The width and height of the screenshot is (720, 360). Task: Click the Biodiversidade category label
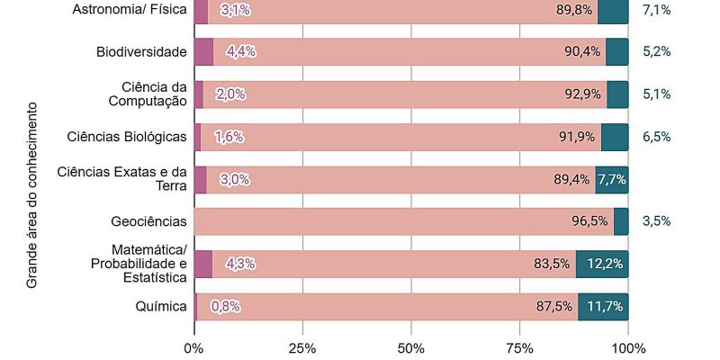tap(141, 51)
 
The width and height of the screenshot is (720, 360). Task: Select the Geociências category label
tap(148, 221)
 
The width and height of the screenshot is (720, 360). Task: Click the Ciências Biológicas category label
tap(127, 137)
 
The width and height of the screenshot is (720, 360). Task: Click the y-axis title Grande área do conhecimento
tap(31, 194)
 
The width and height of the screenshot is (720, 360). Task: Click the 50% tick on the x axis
tap(411, 347)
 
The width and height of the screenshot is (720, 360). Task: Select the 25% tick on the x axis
tap(302, 347)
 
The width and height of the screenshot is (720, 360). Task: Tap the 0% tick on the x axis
tap(193, 347)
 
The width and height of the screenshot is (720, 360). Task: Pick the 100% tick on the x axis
tap(628, 347)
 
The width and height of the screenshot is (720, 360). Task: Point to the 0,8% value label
tap(225, 306)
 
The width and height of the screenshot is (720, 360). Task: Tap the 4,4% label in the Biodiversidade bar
tap(240, 51)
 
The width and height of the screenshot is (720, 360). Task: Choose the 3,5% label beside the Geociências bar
tap(656, 221)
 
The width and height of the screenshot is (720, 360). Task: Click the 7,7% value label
tap(612, 179)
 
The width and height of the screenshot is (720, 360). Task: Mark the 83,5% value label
tap(552, 264)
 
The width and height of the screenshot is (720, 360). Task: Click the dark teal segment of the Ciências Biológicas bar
tap(615, 137)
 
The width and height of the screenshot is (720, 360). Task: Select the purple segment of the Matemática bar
tap(202, 264)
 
